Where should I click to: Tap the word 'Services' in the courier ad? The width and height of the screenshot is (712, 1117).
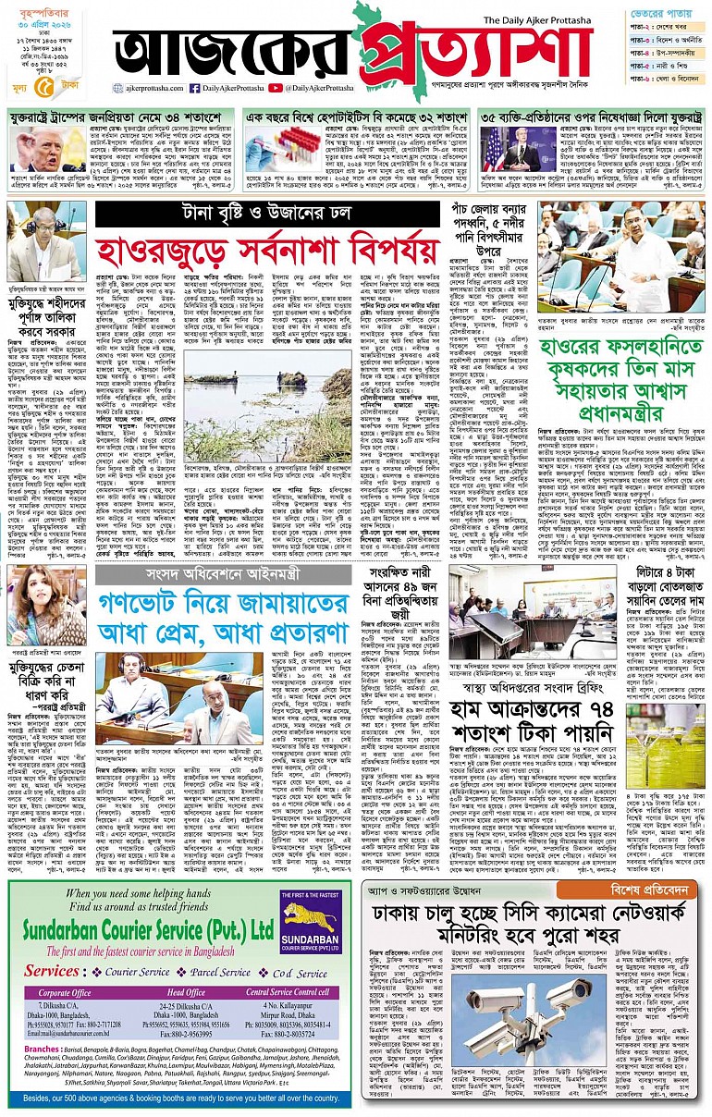coord(52,972)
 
